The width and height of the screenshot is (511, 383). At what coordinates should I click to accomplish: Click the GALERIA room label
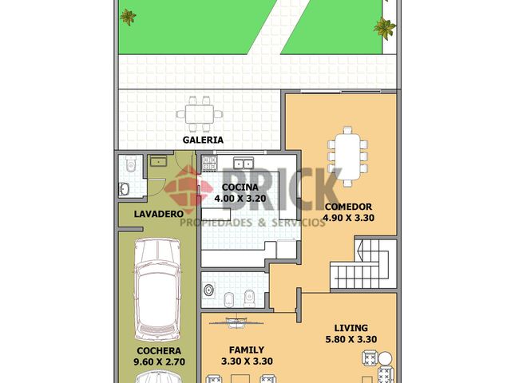203,140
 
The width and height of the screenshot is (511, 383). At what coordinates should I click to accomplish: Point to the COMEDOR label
348,207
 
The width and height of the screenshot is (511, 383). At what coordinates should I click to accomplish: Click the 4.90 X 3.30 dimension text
348,217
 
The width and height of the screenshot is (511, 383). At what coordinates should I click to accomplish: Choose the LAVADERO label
148,214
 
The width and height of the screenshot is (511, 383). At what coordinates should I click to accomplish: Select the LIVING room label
351,328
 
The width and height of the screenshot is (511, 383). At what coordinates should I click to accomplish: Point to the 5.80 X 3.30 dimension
351,339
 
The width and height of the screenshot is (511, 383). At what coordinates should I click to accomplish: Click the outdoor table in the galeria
201,113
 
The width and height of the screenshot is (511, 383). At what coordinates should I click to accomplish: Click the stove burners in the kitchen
210,166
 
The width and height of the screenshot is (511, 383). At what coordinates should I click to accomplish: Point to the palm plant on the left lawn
128,16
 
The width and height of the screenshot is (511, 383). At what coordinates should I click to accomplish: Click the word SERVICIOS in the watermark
299,223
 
